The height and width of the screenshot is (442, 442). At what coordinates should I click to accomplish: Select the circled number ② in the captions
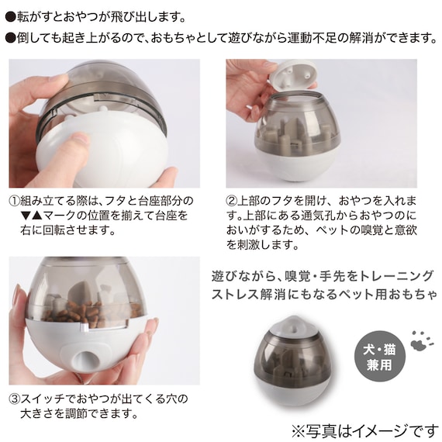(x=233, y=199)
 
